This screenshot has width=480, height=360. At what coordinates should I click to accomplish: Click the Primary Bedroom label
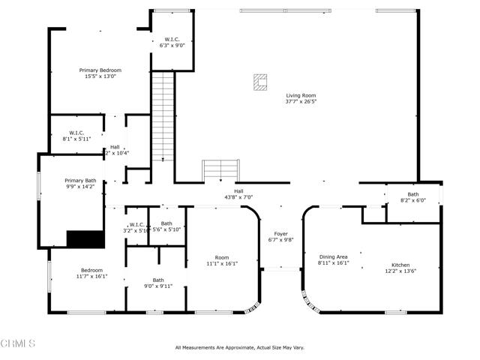tap(100, 70)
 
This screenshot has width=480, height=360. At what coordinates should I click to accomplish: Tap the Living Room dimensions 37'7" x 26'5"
tap(301, 102)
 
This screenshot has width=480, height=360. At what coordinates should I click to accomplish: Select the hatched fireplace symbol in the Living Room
tap(260, 82)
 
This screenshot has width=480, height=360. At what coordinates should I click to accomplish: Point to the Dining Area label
tap(333, 256)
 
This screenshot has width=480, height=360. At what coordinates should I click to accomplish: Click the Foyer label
tap(280, 233)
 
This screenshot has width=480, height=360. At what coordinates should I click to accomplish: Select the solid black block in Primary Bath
tap(83, 238)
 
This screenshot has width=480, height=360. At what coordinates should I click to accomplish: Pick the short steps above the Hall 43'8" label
tap(220, 170)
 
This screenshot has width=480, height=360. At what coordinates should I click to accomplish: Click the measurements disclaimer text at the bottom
tap(239, 347)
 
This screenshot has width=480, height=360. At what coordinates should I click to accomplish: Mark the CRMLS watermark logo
tap(18, 344)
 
